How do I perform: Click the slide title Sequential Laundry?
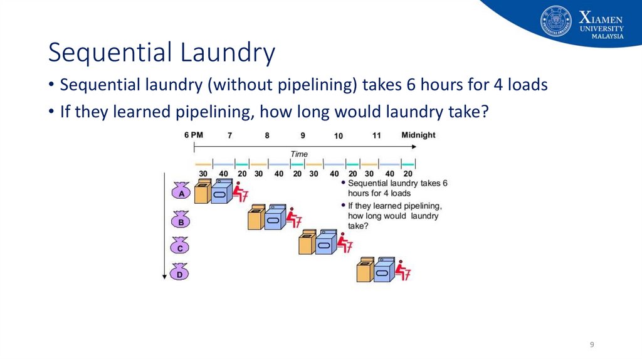tap(162, 53)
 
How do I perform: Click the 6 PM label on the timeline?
tap(194, 135)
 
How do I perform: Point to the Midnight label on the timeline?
tap(418, 135)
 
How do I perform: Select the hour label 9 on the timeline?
tap(303, 135)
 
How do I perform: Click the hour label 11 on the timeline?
tap(376, 135)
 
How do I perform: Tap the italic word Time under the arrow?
tap(299, 154)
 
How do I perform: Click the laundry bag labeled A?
tap(181, 191)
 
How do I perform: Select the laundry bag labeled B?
tap(181, 220)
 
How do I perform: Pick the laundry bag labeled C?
tap(180, 246)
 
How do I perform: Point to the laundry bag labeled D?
tap(180, 272)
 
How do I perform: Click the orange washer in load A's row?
tap(202, 192)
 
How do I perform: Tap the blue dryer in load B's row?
tap(275, 218)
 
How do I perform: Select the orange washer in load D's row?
tap(364, 270)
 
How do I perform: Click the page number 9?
tap(592, 345)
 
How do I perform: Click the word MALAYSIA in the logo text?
tap(608, 36)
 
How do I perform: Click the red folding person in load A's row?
tap(240, 192)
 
